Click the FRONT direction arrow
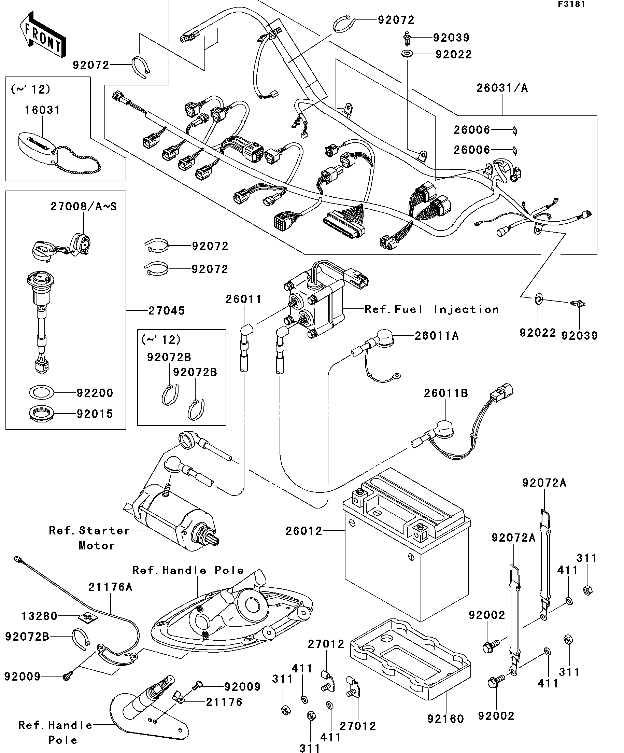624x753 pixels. click(42, 35)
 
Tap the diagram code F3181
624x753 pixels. click(571, 4)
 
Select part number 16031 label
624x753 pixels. click(42, 110)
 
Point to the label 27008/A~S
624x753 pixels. click(84, 207)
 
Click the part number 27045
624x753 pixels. click(167, 310)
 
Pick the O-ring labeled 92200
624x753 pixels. click(42, 392)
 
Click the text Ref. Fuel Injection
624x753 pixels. click(431, 309)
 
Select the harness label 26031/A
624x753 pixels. click(502, 88)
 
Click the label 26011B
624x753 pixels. click(446, 393)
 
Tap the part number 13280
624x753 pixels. click(39, 616)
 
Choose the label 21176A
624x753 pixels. click(110, 587)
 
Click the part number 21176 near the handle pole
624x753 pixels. click(224, 702)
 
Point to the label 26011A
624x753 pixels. click(437, 336)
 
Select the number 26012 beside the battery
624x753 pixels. click(304, 531)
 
